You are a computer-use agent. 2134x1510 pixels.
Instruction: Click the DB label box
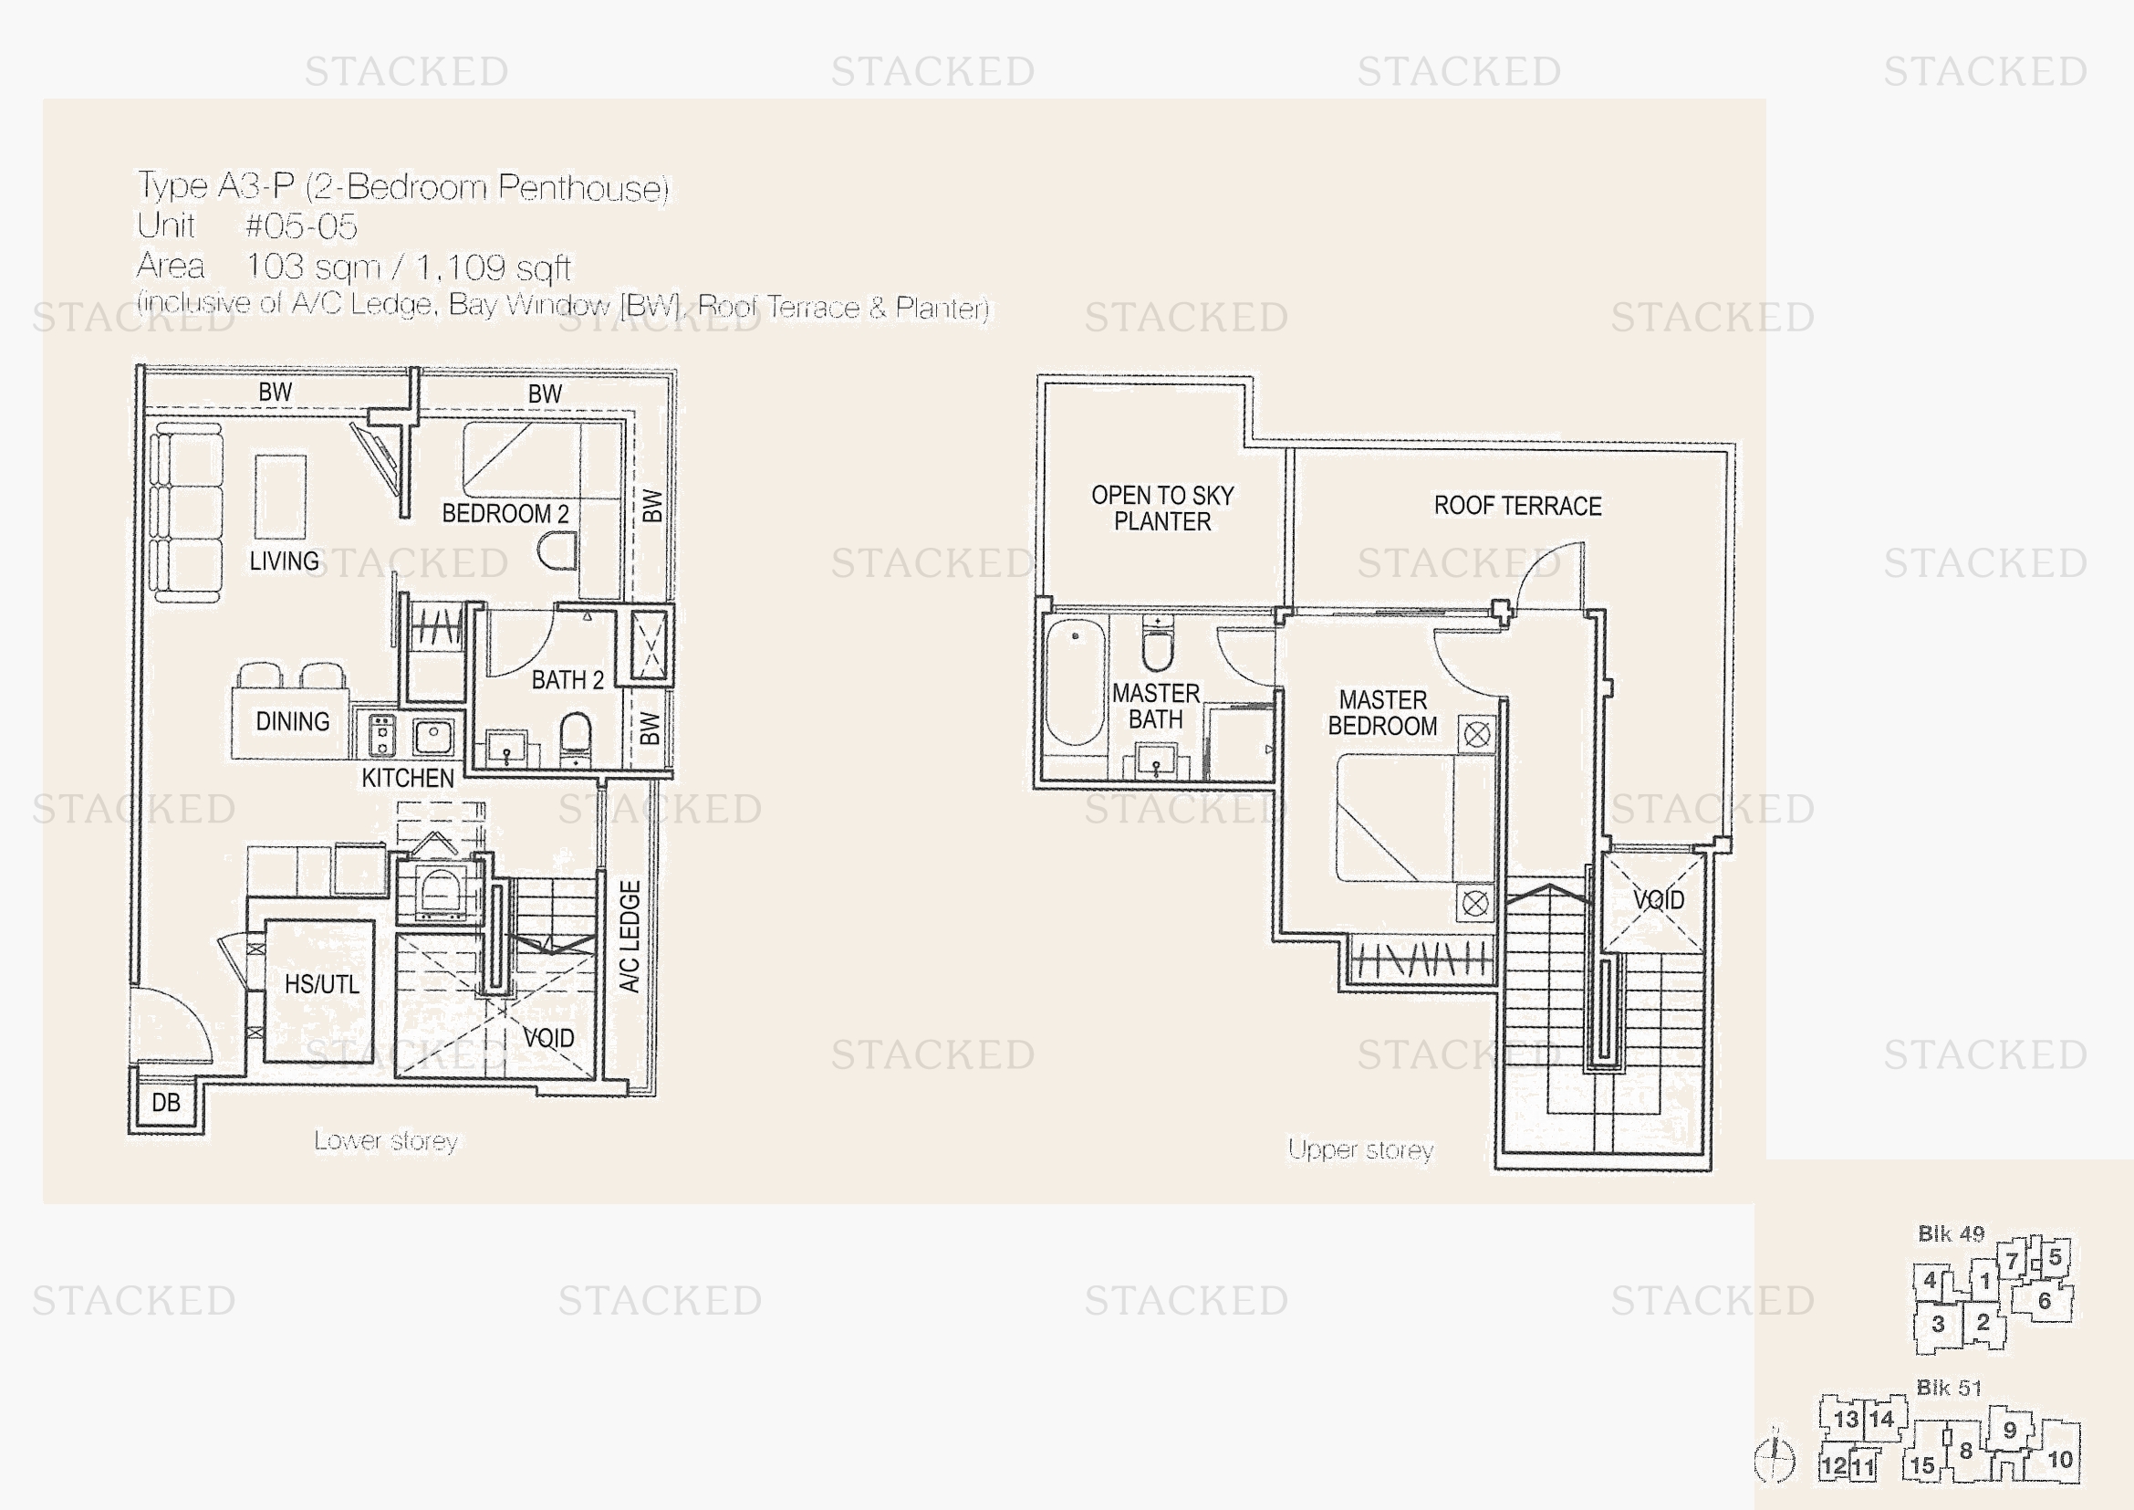click(166, 1103)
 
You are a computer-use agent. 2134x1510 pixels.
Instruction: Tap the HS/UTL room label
click(321, 984)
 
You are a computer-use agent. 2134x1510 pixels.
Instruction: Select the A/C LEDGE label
click(630, 937)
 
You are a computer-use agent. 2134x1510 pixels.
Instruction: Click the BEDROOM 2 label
click(505, 513)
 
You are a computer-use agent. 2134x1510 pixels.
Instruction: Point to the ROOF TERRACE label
click(1518, 506)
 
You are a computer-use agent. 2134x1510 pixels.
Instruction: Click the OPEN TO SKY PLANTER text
click(1162, 508)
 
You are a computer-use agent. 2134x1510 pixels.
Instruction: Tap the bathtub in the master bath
click(1076, 682)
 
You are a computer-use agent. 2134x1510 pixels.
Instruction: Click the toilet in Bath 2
click(576, 735)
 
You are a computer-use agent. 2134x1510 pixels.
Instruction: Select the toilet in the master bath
click(1158, 644)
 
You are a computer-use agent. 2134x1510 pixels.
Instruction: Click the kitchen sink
click(433, 737)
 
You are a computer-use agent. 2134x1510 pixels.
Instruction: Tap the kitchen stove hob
click(381, 735)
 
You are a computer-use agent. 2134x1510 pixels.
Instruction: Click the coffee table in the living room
click(281, 497)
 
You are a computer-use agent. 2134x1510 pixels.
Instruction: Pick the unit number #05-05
click(301, 225)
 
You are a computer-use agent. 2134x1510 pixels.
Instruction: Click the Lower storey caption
click(386, 1141)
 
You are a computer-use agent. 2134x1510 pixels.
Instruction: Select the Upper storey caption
click(1360, 1150)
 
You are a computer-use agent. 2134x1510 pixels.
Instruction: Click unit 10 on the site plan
click(2061, 1460)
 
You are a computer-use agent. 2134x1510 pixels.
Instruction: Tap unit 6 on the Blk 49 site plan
click(2045, 1301)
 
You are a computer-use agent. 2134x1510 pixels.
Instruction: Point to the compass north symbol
click(1775, 1454)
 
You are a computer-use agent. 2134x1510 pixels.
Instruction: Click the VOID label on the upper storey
click(1659, 900)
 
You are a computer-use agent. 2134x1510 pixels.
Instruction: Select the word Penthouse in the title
click(583, 188)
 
